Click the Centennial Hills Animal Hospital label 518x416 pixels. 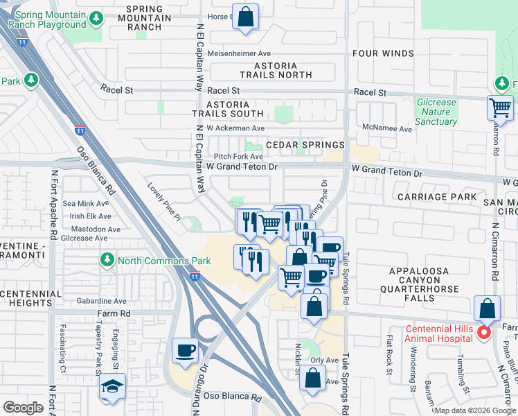click(x=429, y=333)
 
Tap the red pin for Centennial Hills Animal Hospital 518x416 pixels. click(x=485, y=333)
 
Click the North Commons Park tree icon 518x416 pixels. click(x=107, y=261)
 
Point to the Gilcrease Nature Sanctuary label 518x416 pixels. click(x=436, y=112)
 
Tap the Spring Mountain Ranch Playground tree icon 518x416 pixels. click(x=98, y=17)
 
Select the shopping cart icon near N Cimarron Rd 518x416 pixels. click(x=500, y=107)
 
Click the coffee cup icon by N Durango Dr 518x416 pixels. click(x=185, y=349)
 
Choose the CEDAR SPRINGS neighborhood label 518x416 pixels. click(x=305, y=145)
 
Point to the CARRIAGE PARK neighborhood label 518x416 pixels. click(x=437, y=197)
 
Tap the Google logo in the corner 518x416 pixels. click(x=23, y=408)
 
